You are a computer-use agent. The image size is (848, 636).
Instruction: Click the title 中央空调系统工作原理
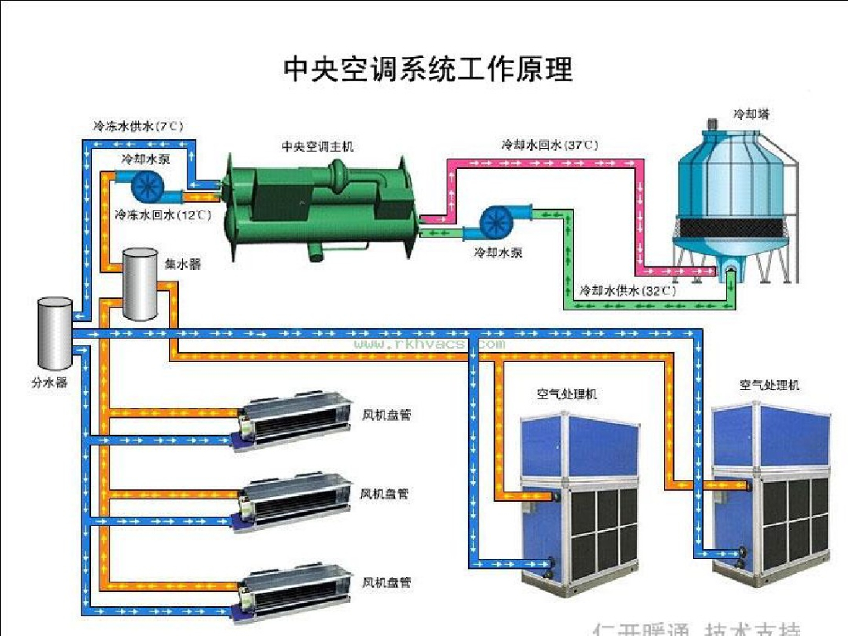tap(427, 69)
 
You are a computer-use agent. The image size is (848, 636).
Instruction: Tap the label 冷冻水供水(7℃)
tap(137, 127)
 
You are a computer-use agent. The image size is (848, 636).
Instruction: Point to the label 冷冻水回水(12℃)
tap(162, 214)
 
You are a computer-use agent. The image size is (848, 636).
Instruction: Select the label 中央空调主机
tap(317, 147)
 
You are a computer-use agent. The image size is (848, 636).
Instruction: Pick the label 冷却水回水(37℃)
tap(549, 145)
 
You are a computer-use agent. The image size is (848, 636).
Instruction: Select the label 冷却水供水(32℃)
tap(627, 291)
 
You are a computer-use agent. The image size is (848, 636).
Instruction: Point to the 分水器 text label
tap(49, 383)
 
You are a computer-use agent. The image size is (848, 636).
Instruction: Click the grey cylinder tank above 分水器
tap(55, 333)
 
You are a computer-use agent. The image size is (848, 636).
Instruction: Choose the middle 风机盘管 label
tap(385, 494)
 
